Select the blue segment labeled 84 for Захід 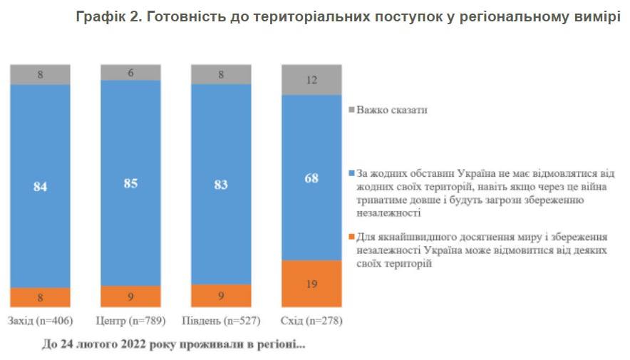[x=40, y=186]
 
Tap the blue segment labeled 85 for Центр [x=130, y=183]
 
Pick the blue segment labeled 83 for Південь [x=221, y=184]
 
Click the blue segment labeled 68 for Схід [x=311, y=178]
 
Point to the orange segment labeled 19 [x=311, y=283]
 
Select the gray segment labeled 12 [x=311, y=80]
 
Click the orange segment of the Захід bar [x=40, y=297]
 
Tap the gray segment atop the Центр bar [x=130, y=72]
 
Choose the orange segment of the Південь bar [x=221, y=296]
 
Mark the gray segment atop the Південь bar [x=221, y=74]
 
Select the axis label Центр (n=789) [x=130, y=321]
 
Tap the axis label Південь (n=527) [x=221, y=321]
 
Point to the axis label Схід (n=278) [x=311, y=321]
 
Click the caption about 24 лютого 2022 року [x=173, y=346]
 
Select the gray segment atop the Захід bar [x=40, y=74]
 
